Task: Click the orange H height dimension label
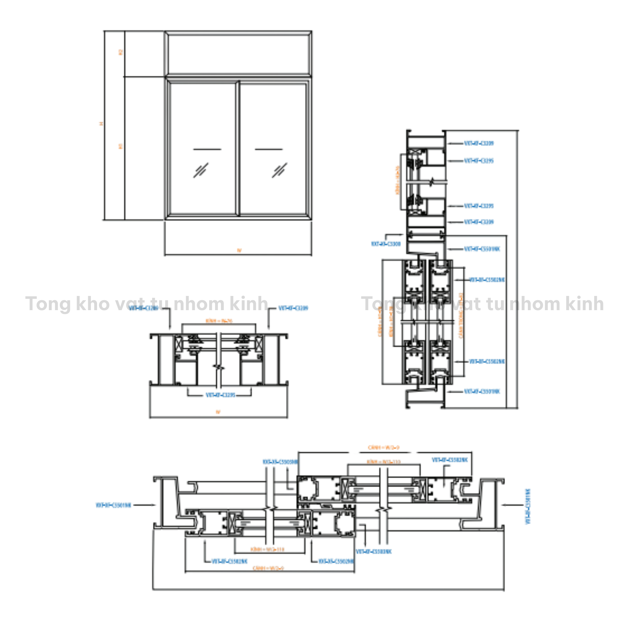click(x=101, y=124)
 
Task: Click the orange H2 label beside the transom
click(x=121, y=52)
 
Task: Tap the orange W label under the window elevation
click(x=239, y=250)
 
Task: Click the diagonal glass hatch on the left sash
click(x=201, y=170)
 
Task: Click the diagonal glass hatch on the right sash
click(x=280, y=170)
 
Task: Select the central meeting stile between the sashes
click(x=238, y=148)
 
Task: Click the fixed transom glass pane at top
click(x=238, y=54)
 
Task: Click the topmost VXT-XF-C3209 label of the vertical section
click(x=478, y=143)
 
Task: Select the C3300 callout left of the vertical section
click(x=386, y=244)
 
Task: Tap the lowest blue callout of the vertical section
click(x=482, y=391)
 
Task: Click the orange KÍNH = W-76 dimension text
click(x=219, y=321)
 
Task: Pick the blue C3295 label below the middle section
click(x=220, y=395)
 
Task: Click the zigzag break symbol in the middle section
click(x=219, y=367)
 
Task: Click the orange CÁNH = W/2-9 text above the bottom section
click(x=384, y=448)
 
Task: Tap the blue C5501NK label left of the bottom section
click(x=113, y=505)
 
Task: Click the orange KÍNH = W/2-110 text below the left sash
click(x=267, y=549)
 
